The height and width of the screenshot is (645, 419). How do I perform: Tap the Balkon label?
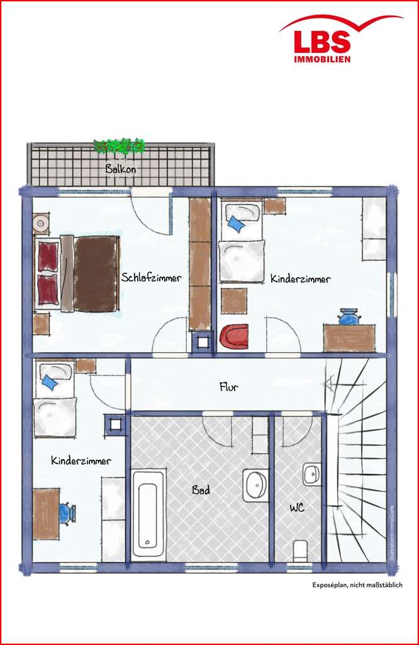[x=120, y=168]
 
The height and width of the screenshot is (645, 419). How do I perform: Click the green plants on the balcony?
[x=120, y=146]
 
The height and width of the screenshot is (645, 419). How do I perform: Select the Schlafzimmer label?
[x=151, y=278]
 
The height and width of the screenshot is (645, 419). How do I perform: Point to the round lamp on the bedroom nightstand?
[x=41, y=224]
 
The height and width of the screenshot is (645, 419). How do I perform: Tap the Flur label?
[x=228, y=387]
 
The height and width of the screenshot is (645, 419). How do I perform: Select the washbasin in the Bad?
[x=255, y=486]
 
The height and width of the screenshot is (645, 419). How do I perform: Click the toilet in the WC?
[x=301, y=551]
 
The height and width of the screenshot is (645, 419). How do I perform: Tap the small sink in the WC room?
[x=312, y=474]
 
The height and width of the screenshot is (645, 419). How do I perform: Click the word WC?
[x=297, y=508]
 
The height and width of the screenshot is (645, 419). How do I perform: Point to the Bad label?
[x=201, y=490]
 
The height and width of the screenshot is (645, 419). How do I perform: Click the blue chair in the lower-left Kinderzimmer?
[x=67, y=513]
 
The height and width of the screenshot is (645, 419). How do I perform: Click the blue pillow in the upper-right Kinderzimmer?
[x=237, y=224]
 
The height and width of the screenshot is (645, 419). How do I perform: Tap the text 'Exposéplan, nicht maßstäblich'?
[x=357, y=585]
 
